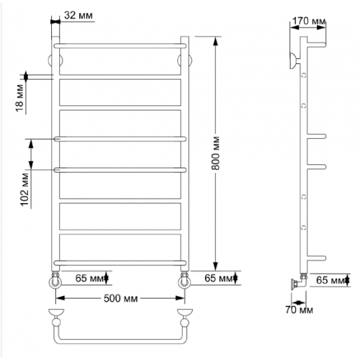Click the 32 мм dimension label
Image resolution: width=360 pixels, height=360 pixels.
click(78, 15)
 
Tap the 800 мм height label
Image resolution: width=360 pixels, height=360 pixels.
click(215, 153)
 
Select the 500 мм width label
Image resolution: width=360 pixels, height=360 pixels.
click(121, 299)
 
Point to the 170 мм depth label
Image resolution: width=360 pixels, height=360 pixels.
click(309, 21)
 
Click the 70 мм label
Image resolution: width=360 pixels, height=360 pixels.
click(300, 310)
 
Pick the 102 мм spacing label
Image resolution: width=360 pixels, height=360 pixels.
click(24, 189)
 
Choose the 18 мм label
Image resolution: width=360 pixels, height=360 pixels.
click(20, 98)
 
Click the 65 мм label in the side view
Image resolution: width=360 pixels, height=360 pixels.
click(330, 280)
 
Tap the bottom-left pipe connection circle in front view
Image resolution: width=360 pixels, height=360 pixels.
click(55, 282)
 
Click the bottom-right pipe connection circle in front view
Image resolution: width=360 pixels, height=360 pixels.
click(184, 282)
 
